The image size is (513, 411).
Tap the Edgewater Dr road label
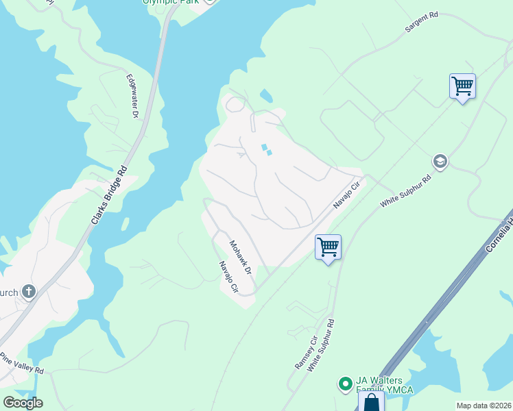coord(132,97)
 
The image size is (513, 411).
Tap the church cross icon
coord(28,292)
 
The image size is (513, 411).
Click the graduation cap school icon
coord(440,162)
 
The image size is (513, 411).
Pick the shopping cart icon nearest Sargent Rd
coord(462,86)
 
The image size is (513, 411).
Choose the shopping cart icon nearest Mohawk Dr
coord(328,247)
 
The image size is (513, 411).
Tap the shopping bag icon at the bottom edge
coord(371,402)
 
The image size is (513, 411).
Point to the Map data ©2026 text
coord(484,406)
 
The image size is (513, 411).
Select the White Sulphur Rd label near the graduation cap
coord(406,191)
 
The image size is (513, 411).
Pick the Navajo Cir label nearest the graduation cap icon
coord(346,195)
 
